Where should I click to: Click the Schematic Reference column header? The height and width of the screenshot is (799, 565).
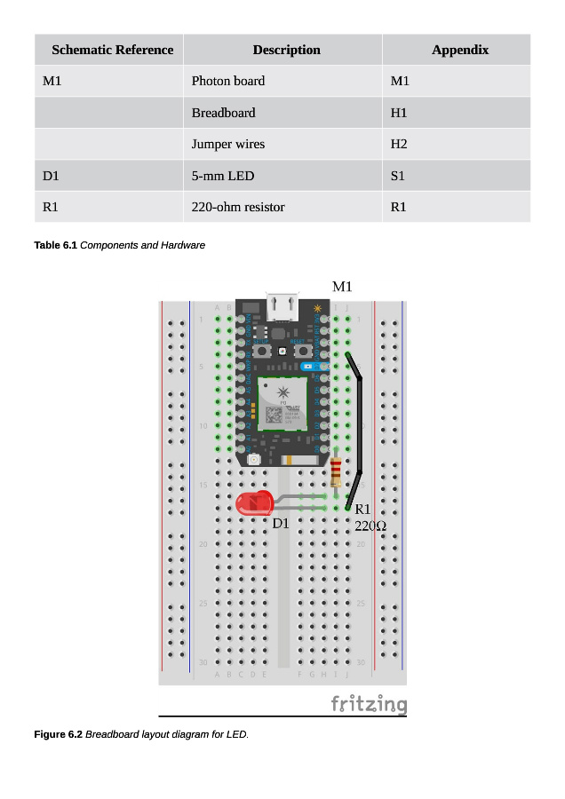112,50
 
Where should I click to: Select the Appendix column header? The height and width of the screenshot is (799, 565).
459,50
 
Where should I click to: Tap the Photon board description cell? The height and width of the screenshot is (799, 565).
228,81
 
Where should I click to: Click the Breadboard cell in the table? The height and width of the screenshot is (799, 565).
223,113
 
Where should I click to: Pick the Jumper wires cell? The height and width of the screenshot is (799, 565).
228,144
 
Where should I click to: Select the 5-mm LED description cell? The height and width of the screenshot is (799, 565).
223,176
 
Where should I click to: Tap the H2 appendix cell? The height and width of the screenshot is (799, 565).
399,144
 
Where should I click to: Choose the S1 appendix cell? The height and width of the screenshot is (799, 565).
397,176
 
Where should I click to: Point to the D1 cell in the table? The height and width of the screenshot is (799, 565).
51,176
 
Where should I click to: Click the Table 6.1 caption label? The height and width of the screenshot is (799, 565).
56,245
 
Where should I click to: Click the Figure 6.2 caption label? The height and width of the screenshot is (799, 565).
58,734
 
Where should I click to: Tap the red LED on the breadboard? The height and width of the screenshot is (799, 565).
255,503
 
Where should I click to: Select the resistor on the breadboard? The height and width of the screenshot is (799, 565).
336,473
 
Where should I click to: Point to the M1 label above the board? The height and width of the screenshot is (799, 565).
342,286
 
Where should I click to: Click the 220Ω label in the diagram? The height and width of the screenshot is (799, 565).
370,526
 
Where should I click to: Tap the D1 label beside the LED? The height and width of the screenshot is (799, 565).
281,523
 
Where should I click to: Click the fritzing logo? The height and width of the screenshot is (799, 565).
369,704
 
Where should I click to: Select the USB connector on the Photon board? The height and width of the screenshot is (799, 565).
284,306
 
